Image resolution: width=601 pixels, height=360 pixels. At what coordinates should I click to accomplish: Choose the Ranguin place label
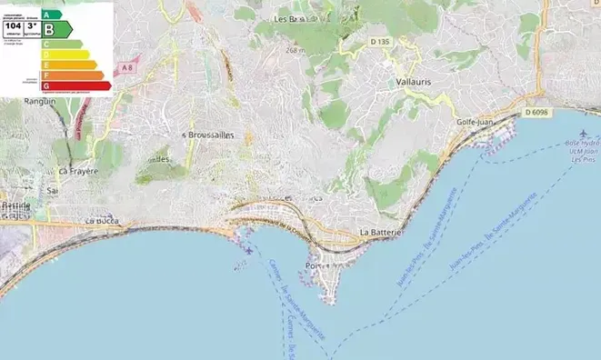[x=39, y=102]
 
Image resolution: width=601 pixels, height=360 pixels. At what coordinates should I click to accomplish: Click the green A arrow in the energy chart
[x=52, y=15]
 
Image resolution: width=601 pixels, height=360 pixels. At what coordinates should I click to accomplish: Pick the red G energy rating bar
[x=76, y=86]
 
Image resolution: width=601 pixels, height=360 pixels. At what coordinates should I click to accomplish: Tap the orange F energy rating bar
[x=73, y=75]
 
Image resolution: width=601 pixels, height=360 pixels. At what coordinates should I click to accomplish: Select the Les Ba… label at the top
[x=289, y=18]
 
